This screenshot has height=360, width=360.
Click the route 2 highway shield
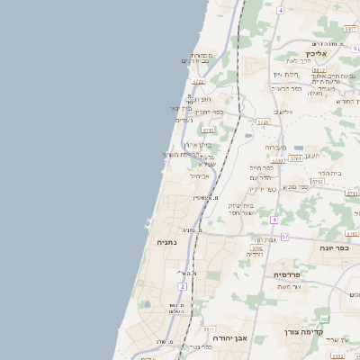[182, 286]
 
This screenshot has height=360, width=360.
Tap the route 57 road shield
[284, 237]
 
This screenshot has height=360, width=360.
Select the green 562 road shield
[322, 319]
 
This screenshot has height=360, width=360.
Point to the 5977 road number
[350, 30]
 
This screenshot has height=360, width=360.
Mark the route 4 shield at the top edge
[280, 10]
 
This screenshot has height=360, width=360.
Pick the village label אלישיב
[283, 112]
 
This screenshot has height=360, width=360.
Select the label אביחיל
[199, 176]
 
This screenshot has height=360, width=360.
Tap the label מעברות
[275, 148]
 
